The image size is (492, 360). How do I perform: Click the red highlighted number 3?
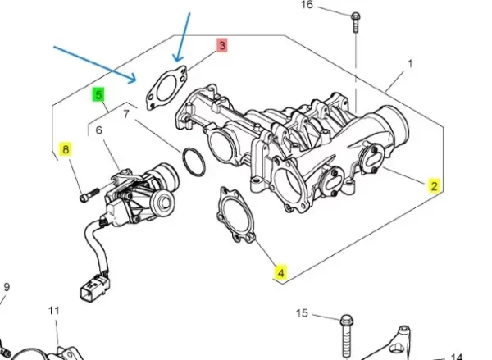[x=221, y=47]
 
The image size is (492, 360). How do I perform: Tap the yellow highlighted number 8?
[x=66, y=149]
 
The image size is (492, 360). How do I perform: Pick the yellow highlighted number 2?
[x=435, y=185]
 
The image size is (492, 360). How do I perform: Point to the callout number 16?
[x=307, y=6]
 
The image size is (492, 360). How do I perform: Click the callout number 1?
[x=409, y=63]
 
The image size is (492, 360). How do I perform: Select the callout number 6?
[x=98, y=130]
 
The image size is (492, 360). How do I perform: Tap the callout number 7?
[x=125, y=114]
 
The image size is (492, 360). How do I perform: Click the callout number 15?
[x=301, y=314]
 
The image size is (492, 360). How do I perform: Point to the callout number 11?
[x=54, y=311]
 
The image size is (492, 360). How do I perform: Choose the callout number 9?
[x=7, y=288]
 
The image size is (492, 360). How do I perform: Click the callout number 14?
[x=458, y=356]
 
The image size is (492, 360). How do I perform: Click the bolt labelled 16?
[x=355, y=20]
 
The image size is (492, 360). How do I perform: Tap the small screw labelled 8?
[x=88, y=196]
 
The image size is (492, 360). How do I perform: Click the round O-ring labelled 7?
[x=191, y=162]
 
